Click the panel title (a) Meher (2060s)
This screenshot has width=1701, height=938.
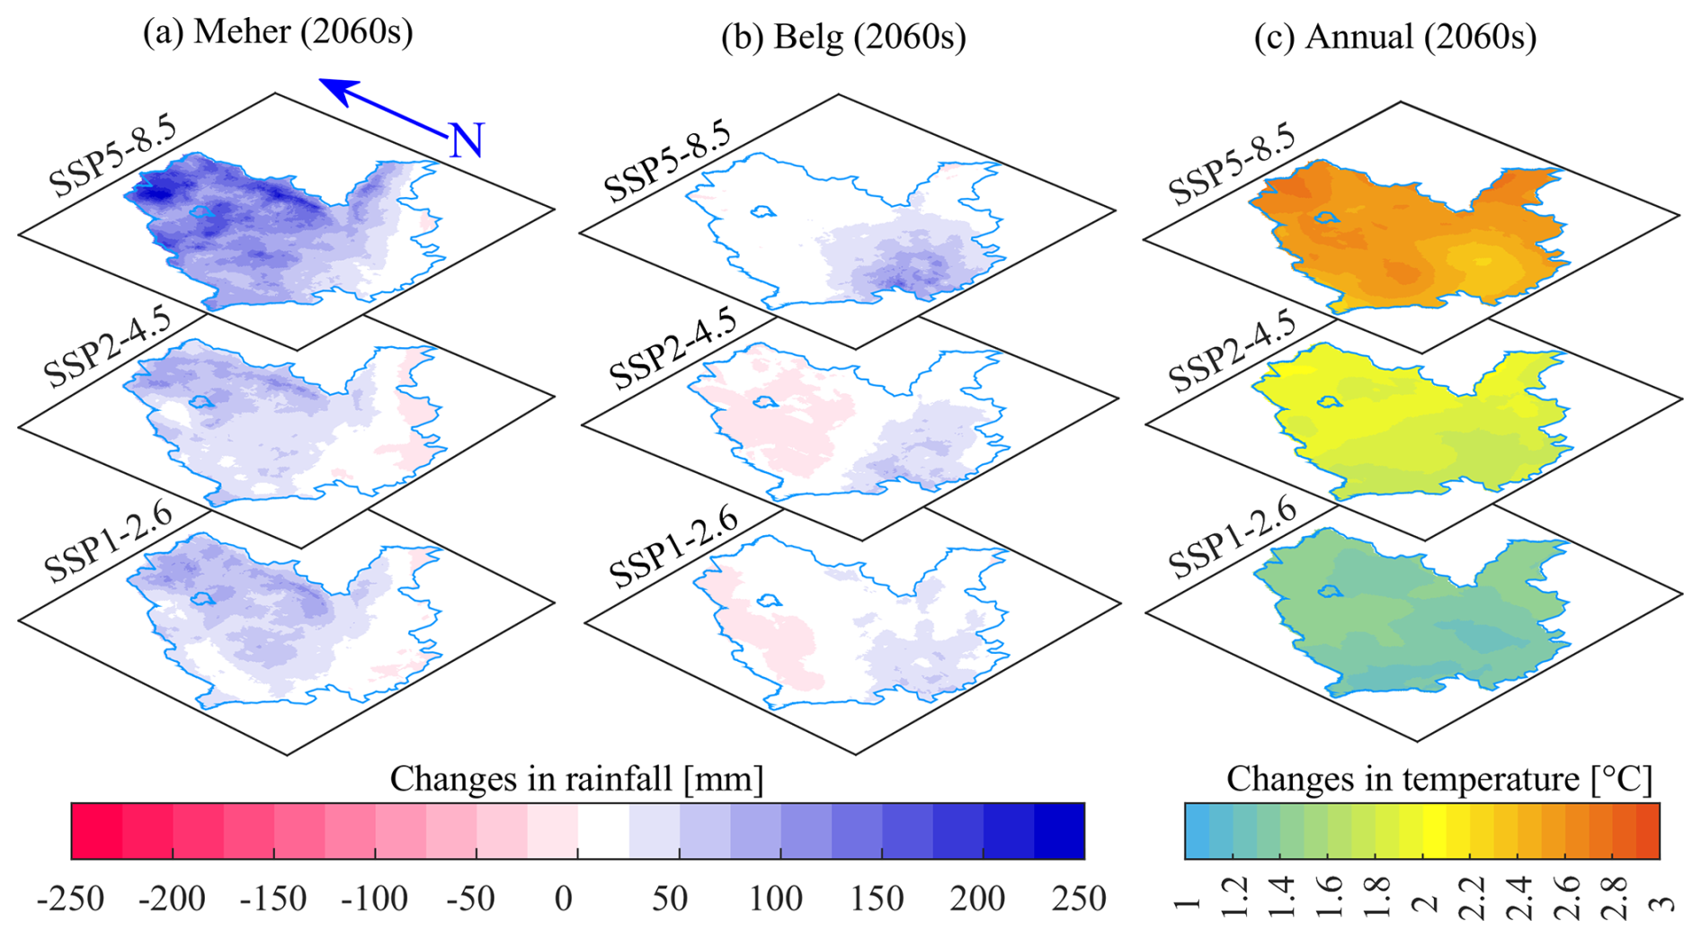tap(278, 32)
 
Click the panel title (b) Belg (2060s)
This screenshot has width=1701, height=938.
tap(843, 38)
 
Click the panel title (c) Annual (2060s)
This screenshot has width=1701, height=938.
tap(1395, 38)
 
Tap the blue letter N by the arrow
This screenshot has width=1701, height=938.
tap(467, 141)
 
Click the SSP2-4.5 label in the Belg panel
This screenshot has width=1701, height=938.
tap(672, 346)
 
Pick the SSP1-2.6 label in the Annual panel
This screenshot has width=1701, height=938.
tap(1232, 538)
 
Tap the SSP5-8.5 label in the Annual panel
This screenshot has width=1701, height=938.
tap(1232, 164)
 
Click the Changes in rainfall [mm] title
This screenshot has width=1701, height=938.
tap(576, 779)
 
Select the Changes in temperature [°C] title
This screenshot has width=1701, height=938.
tap(1438, 779)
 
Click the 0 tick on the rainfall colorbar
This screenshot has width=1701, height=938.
tap(564, 898)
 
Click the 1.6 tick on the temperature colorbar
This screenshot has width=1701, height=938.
tap(1329, 898)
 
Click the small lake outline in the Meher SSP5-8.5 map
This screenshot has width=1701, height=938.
tap(201, 212)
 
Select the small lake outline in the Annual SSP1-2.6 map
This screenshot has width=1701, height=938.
tap(1328, 591)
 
